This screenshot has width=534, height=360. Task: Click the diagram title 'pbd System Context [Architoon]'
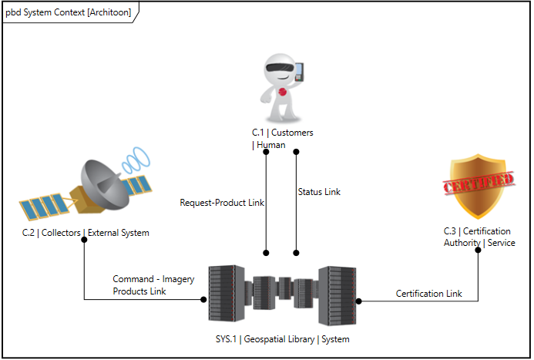click(69, 12)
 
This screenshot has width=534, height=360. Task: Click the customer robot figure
click(279, 85)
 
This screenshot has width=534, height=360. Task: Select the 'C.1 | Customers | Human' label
click(282, 139)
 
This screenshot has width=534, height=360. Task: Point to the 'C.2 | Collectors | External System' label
click(86, 233)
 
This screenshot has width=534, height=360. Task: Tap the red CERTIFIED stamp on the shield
click(478, 183)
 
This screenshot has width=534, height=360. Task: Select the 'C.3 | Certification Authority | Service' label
click(479, 237)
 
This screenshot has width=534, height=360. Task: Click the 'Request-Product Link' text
click(222, 203)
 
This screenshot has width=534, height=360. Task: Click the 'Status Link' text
click(319, 192)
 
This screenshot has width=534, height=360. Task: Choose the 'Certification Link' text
click(429, 294)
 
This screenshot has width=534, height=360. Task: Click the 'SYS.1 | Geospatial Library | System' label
click(282, 339)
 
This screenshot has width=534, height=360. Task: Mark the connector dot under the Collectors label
click(84, 240)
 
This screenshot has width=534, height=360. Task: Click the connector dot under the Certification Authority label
click(479, 251)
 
